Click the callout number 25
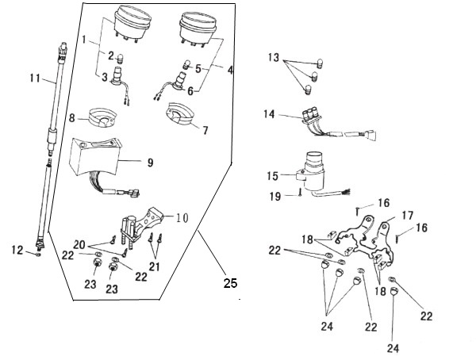pyautogui.click(x=230, y=283)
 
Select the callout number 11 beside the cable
pyautogui.click(x=35, y=78)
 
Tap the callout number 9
pyautogui.click(x=150, y=163)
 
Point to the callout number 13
pyautogui.click(x=274, y=57)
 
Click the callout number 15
pyautogui.click(x=273, y=176)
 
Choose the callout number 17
pyautogui.click(x=408, y=216)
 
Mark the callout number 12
pyautogui.click(x=17, y=250)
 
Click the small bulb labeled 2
pyautogui.click(x=121, y=58)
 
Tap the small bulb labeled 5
pyautogui.click(x=187, y=64)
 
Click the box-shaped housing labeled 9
pyautogui.click(x=94, y=156)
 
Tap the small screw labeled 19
pyautogui.click(x=300, y=192)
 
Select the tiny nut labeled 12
pyautogui.click(x=38, y=254)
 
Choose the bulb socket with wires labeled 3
pyautogui.click(x=121, y=85)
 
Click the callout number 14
pyautogui.click(x=269, y=114)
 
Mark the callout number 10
pyautogui.click(x=182, y=217)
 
